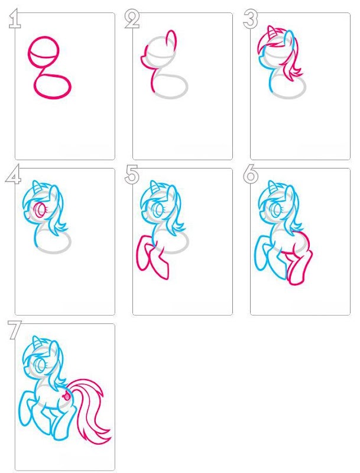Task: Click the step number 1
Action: coord(15,19)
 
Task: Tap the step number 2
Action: coord(132,20)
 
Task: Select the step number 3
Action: coord(251,20)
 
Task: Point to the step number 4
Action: coord(13,174)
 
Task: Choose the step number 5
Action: coord(132,174)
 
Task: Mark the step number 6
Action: coord(251,174)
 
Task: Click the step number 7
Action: coord(15,331)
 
